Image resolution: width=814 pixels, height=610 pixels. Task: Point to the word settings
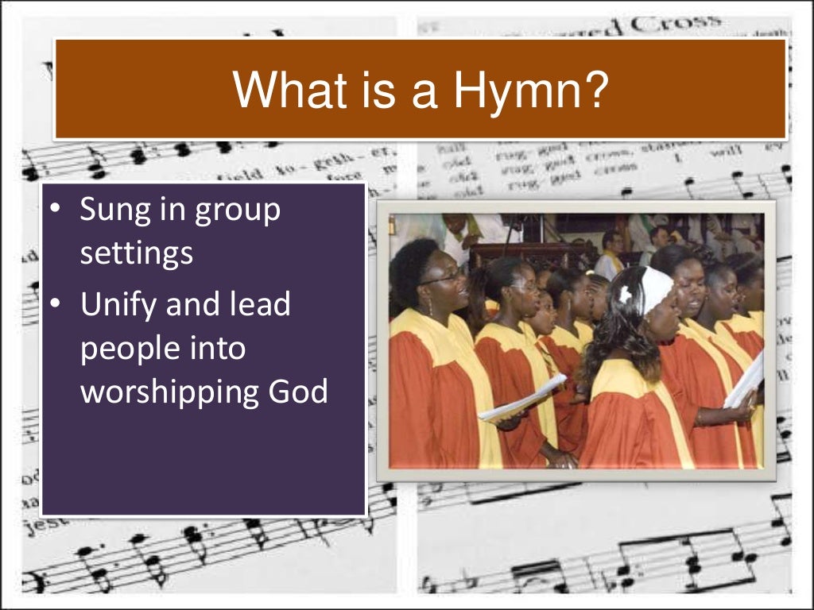(137, 255)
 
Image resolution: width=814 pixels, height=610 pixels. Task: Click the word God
(299, 392)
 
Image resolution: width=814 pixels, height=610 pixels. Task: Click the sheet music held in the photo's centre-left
(521, 399)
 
